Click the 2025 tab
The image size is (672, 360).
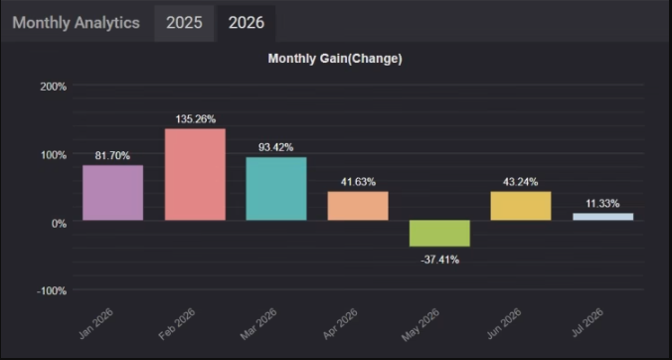[x=184, y=23]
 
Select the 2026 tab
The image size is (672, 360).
[x=246, y=23]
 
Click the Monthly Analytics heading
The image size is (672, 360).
[x=76, y=23]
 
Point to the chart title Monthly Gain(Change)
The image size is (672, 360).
[x=335, y=59]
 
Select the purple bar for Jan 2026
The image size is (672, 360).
[x=112, y=193]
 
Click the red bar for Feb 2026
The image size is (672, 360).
[x=195, y=174]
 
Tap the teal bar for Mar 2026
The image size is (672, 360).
[x=276, y=189]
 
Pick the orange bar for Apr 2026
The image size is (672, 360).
[x=358, y=206]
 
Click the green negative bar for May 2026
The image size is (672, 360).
[x=439, y=233]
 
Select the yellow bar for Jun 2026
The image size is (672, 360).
[x=521, y=206]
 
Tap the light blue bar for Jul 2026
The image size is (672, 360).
[x=603, y=217]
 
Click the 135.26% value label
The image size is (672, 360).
[x=196, y=119]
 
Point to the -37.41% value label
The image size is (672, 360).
[x=440, y=260]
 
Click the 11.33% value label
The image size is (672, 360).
[x=602, y=204]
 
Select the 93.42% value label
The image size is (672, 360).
[x=276, y=147]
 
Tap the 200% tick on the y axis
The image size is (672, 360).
[x=54, y=87]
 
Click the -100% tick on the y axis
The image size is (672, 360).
[x=52, y=291]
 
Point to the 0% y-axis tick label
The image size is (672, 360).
[x=59, y=224]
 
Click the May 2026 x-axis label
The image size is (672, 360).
[x=420, y=324]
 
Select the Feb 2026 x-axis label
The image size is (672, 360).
[x=177, y=324]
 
